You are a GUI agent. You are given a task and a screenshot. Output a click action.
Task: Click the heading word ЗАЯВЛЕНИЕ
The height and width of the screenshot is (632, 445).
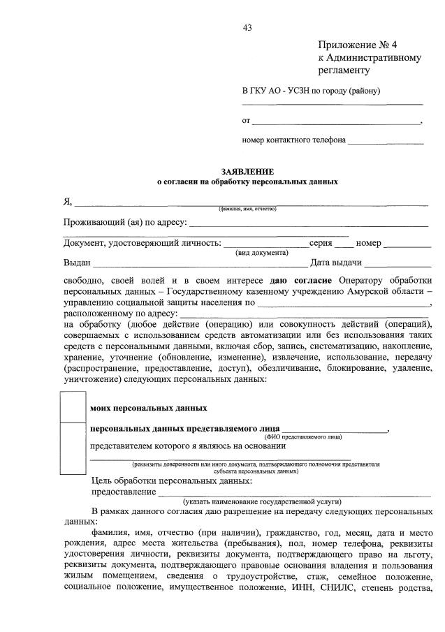coord(247,171)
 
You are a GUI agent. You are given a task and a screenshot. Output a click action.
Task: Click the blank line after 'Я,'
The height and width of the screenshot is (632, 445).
coord(251,203)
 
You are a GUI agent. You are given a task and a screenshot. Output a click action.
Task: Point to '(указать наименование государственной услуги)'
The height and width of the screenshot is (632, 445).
coord(262,501)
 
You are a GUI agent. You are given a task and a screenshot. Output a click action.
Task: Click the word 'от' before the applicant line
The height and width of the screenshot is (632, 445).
coord(246,121)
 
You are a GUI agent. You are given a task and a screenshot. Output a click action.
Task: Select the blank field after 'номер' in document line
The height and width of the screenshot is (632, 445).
coord(408,244)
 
